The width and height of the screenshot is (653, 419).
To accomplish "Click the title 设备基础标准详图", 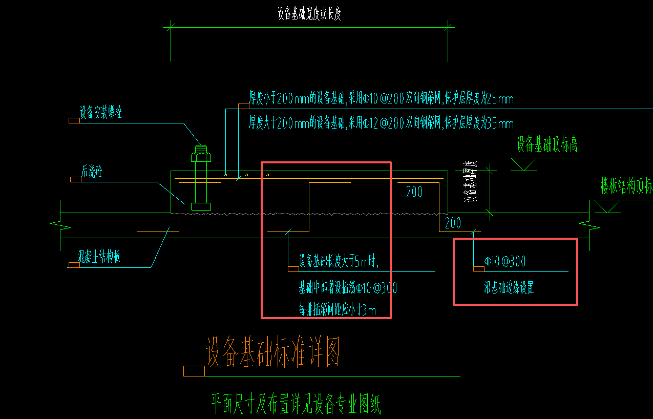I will tap(272, 352).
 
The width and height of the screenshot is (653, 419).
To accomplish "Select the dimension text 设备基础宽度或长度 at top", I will tap(309, 14).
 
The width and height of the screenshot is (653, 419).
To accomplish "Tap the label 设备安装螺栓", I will tap(101, 113).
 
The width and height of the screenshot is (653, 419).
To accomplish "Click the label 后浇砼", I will tap(92, 172).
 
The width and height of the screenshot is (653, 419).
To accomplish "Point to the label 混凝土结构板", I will tap(99, 256).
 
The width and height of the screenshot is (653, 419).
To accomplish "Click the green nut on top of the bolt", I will tap(201, 153).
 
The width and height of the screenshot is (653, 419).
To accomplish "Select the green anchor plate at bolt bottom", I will tap(201, 206).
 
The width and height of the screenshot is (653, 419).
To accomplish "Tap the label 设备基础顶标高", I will tap(547, 145).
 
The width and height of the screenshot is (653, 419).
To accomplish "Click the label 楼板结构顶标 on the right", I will tap(626, 187).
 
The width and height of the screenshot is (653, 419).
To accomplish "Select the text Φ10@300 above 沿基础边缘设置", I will tap(505, 262).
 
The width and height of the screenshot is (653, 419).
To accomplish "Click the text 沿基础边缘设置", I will tap(509, 288).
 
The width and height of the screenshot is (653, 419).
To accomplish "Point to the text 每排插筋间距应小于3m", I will tap(338, 309).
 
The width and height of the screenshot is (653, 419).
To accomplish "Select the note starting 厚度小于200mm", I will tap(381, 98).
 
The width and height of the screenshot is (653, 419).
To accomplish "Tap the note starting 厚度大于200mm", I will tap(381, 123).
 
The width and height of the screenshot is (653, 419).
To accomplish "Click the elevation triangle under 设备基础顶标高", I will tap(523, 164).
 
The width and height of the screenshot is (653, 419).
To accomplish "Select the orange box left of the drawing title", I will tap(194, 371).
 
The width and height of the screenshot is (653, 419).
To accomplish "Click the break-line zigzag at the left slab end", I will tap(57, 224).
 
